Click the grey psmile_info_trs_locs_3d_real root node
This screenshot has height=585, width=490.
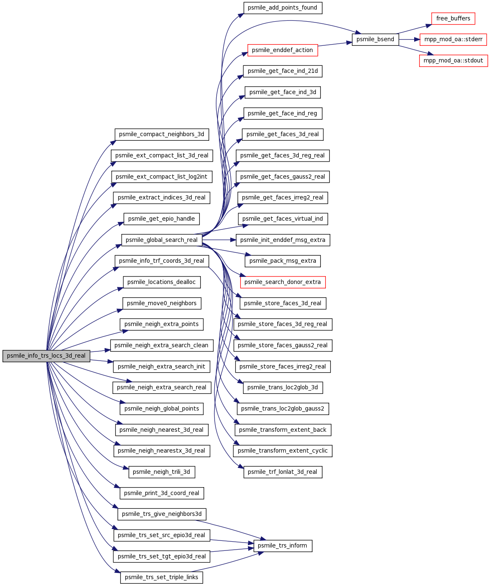46,356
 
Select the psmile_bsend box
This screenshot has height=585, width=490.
375,40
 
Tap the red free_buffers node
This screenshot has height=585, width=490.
453,18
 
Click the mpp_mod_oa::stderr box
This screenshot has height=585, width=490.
453,40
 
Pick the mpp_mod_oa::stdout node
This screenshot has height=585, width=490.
453,60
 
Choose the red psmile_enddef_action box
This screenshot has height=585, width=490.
282,50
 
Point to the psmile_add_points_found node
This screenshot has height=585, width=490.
283,8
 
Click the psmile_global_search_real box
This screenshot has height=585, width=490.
162,240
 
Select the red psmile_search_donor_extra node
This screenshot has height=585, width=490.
283,282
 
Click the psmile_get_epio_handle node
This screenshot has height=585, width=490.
162,219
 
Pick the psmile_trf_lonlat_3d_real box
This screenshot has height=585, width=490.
283,472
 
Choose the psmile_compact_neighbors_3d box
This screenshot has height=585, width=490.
162,134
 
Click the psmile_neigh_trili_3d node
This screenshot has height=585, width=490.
162,472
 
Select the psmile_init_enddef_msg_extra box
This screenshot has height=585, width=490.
283,240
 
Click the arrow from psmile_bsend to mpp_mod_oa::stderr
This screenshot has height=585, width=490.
409,40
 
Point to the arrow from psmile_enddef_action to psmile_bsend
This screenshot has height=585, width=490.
335,44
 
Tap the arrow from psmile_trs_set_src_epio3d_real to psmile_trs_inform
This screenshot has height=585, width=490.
232,542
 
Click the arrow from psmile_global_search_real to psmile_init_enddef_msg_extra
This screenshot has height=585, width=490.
219,240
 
